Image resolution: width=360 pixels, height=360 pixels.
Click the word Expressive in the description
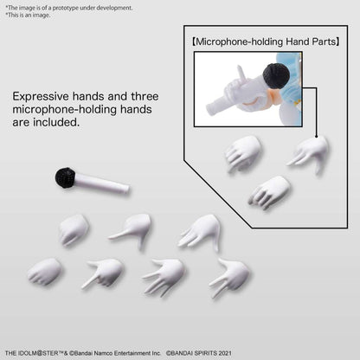coord(41,96)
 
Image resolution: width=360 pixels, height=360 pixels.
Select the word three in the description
coord(145,96)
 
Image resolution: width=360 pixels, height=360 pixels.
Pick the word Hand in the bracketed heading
coord(298,42)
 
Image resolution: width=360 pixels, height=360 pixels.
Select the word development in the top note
coord(114,8)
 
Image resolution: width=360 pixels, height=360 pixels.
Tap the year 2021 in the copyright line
coord(225,353)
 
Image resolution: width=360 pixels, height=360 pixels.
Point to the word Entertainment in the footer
coord(132,353)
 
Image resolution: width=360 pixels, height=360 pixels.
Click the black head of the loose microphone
coord(65,177)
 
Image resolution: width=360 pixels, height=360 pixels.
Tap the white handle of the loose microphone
coord(101,183)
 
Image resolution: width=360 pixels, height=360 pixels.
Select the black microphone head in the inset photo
coord(276,75)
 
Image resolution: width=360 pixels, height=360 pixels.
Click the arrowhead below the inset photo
coord(317,136)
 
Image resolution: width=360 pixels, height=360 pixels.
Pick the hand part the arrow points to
coord(309,154)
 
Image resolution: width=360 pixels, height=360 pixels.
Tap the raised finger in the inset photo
coord(241,74)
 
